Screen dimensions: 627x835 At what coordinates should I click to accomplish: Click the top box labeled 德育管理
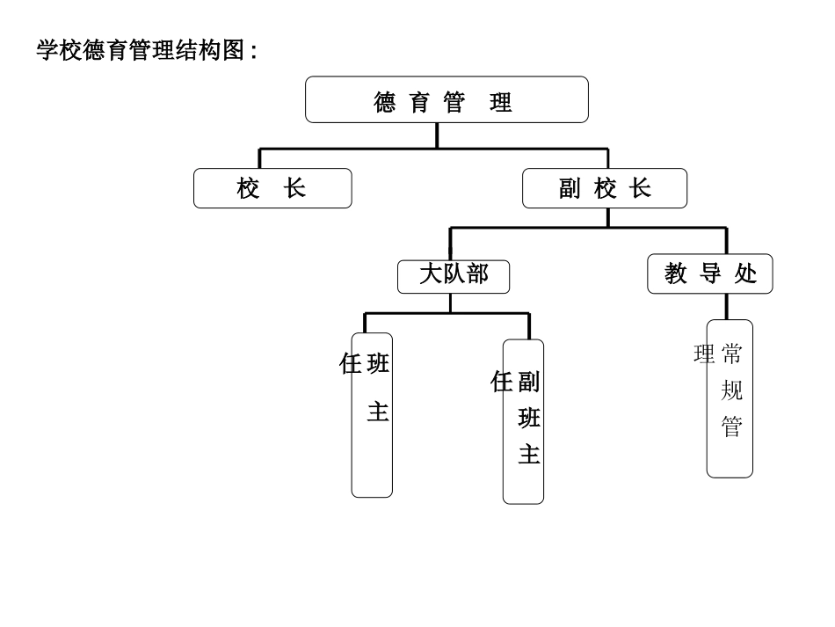click(x=447, y=99)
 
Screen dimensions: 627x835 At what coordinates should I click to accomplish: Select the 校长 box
click(x=272, y=188)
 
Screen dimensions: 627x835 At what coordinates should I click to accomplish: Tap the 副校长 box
click(x=605, y=188)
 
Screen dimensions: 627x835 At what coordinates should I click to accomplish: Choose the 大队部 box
click(x=453, y=276)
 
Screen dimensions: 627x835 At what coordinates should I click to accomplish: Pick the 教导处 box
click(x=710, y=274)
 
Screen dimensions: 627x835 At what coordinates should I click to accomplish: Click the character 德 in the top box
click(x=385, y=103)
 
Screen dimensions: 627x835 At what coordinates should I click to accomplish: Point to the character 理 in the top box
click(x=501, y=103)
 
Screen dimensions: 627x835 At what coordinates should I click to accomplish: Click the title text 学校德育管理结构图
click(x=146, y=50)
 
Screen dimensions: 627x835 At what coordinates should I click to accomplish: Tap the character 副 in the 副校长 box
click(x=570, y=189)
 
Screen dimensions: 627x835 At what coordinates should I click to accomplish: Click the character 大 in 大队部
click(x=430, y=274)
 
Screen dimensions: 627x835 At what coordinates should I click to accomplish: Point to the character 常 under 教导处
click(x=731, y=354)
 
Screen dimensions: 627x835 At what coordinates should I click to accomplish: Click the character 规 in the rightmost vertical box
click(x=731, y=390)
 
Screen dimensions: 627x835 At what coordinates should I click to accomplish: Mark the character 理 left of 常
click(x=704, y=354)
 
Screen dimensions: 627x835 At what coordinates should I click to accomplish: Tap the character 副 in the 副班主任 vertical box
click(x=529, y=382)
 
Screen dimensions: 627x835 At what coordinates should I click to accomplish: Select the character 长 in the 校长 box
click(x=295, y=188)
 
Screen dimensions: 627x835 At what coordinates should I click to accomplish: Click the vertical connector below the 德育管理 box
click(x=437, y=135)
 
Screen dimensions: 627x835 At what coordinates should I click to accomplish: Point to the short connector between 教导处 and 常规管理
click(x=726, y=306)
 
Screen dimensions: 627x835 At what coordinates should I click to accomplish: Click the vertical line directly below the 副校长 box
click(x=607, y=217)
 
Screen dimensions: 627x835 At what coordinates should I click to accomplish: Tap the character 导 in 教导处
click(x=710, y=274)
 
